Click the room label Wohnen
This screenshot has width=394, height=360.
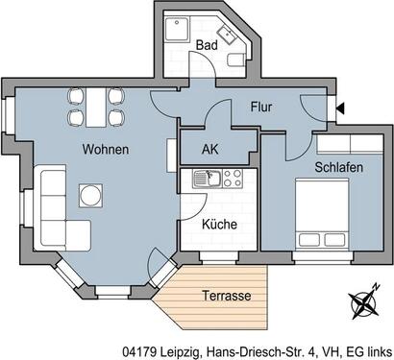tap(106, 151)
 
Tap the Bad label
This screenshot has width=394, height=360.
tap(206, 45)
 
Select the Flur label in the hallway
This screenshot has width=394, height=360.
tap(263, 108)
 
